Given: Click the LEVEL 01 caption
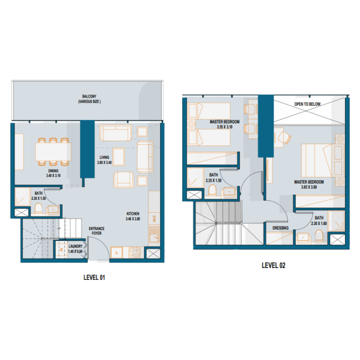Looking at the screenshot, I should coord(94,278).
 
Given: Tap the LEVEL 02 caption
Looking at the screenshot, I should coord(274,265).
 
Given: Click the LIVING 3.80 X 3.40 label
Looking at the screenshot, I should coord(104,160).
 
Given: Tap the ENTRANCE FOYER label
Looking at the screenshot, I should coord(97,232).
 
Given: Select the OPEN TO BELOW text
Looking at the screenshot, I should coord(307,104).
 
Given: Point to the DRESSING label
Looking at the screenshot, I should coord(280,228).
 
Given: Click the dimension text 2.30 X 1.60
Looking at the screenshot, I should coord(319,222).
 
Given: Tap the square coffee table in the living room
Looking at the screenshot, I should coord(119,153).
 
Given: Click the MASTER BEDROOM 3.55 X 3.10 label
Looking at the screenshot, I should coord(225,125).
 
